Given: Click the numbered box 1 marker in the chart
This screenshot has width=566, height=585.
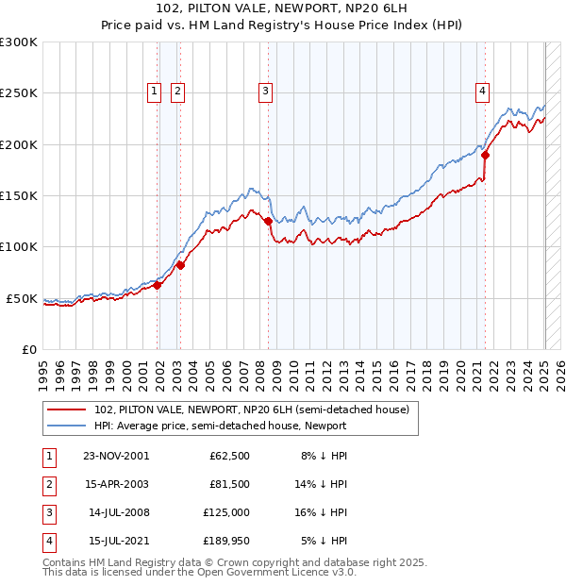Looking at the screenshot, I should tap(153, 92).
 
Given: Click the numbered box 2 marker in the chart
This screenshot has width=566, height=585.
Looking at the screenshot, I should tap(176, 92).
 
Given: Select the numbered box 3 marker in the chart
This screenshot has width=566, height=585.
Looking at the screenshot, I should tap(266, 92).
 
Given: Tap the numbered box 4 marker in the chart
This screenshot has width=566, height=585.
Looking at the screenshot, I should tap(482, 92).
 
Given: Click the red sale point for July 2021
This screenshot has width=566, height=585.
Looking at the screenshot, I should tap(485, 155).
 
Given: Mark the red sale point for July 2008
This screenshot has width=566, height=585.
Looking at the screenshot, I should tap(269, 221).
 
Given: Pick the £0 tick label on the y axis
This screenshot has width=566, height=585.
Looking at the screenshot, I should tap(27, 349).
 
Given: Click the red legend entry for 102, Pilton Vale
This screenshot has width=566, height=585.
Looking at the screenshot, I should tap(251, 409).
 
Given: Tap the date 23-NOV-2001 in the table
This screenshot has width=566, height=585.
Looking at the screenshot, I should tap(116, 456).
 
